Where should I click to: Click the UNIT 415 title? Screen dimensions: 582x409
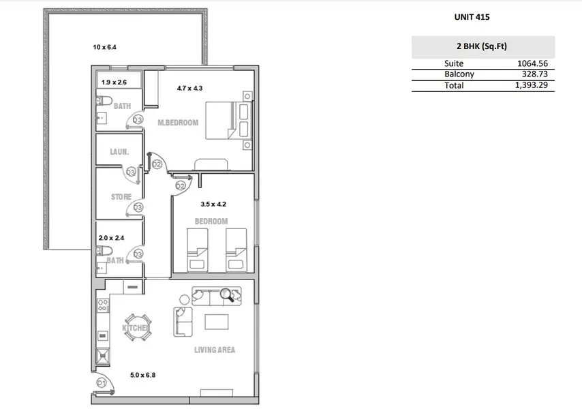tap(472, 17)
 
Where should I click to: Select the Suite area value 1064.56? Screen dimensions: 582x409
tap(532, 63)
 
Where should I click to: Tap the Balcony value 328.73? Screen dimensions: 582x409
tap(534, 74)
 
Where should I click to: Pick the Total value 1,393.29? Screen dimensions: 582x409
tap(531, 85)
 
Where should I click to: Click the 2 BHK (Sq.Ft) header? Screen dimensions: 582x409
tap(482, 46)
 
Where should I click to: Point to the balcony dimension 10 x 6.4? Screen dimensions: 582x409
tap(105, 47)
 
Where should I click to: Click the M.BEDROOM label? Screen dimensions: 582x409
tap(178, 123)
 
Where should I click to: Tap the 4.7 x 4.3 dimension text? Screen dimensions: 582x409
tap(189, 89)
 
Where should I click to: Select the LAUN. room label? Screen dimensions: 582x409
tap(119, 152)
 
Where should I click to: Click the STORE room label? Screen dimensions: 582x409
tap(121, 197)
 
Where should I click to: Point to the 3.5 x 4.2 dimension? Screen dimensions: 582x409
tap(213, 204)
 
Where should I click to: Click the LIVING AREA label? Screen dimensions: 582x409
tap(215, 350)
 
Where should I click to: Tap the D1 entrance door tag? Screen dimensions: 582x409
tap(102, 382)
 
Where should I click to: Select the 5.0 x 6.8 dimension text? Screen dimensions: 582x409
tap(143, 375)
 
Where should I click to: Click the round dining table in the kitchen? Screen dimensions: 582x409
tap(138, 327)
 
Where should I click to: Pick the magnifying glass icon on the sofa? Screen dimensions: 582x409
tap(227, 295)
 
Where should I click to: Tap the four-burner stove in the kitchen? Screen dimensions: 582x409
tap(103, 306)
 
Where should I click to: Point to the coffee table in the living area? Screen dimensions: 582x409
tap(217, 322)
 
